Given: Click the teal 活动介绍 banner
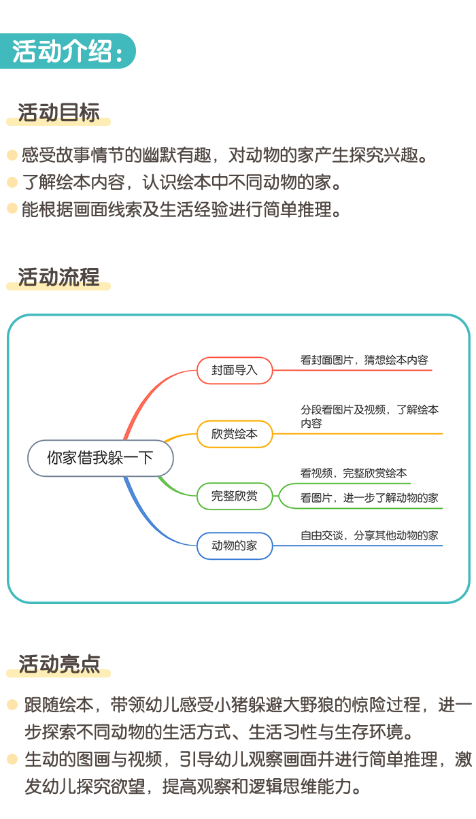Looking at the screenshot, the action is coord(67,51).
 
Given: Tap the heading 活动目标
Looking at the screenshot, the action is coord(58,112).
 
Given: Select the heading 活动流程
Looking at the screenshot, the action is coord(58,277).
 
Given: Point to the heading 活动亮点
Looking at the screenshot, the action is coord(59,664).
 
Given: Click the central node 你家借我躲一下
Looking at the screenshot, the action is coord(101,458).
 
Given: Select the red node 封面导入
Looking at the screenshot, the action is coord(235,370).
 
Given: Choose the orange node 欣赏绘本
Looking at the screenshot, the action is coord(235,434).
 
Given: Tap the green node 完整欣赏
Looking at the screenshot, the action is coord(235,496).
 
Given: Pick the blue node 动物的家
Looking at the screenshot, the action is coord(235,546).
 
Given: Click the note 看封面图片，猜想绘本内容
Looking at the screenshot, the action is coord(364,360).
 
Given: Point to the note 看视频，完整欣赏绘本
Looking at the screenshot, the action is coord(354,473).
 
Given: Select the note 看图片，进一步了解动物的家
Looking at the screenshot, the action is coord(369,498).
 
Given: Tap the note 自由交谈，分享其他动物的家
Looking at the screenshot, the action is coord(369,535).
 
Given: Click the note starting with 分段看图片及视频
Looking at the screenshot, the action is coord(370,416).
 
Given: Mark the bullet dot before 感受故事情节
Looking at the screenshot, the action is coord(12,155).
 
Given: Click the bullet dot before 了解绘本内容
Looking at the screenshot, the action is coord(12,182).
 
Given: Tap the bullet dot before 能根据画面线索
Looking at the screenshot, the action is coord(12,208).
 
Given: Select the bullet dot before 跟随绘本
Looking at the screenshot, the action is coord(12,705).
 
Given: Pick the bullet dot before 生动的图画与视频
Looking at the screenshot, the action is coord(12,759).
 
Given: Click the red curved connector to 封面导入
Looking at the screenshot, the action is coord(150,393).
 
